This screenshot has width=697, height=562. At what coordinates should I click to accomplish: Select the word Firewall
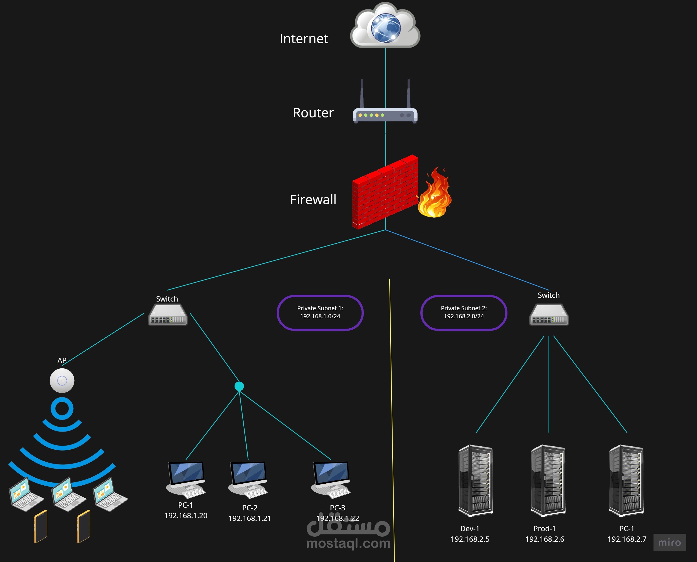(x=313, y=199)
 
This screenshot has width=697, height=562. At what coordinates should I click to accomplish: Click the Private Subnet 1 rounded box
(x=320, y=312)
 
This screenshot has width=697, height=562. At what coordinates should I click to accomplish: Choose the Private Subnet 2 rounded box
(x=463, y=312)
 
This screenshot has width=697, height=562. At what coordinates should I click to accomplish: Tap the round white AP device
(x=62, y=381)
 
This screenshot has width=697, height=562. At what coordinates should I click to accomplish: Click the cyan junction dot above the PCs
(x=239, y=386)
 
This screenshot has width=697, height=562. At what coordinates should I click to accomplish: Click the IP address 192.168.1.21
(x=250, y=518)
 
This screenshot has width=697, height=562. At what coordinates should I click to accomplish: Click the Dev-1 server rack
(x=475, y=481)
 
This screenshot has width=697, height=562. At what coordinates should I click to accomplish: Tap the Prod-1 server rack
(x=548, y=481)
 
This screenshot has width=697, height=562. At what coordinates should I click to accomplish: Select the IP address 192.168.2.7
(x=627, y=539)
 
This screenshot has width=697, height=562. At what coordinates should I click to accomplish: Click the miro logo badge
(x=669, y=542)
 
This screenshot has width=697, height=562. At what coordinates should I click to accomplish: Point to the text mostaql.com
(x=348, y=543)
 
